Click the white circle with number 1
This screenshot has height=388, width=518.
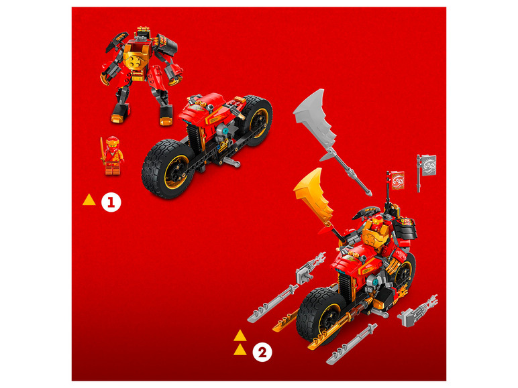(x=111, y=202)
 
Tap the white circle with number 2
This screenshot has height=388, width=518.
(x=262, y=352)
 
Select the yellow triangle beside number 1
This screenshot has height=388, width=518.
(x=89, y=200)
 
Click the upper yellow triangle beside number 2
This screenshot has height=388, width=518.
(x=240, y=336)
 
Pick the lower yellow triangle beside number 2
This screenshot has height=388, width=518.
(x=240, y=350)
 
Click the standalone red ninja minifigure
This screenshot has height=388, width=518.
(x=113, y=155)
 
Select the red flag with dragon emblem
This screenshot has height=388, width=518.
(x=397, y=180)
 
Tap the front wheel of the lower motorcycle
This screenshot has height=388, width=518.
(x=320, y=315)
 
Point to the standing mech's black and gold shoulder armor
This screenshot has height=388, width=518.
(x=166, y=44)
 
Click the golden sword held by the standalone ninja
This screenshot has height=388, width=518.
(x=102, y=151)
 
